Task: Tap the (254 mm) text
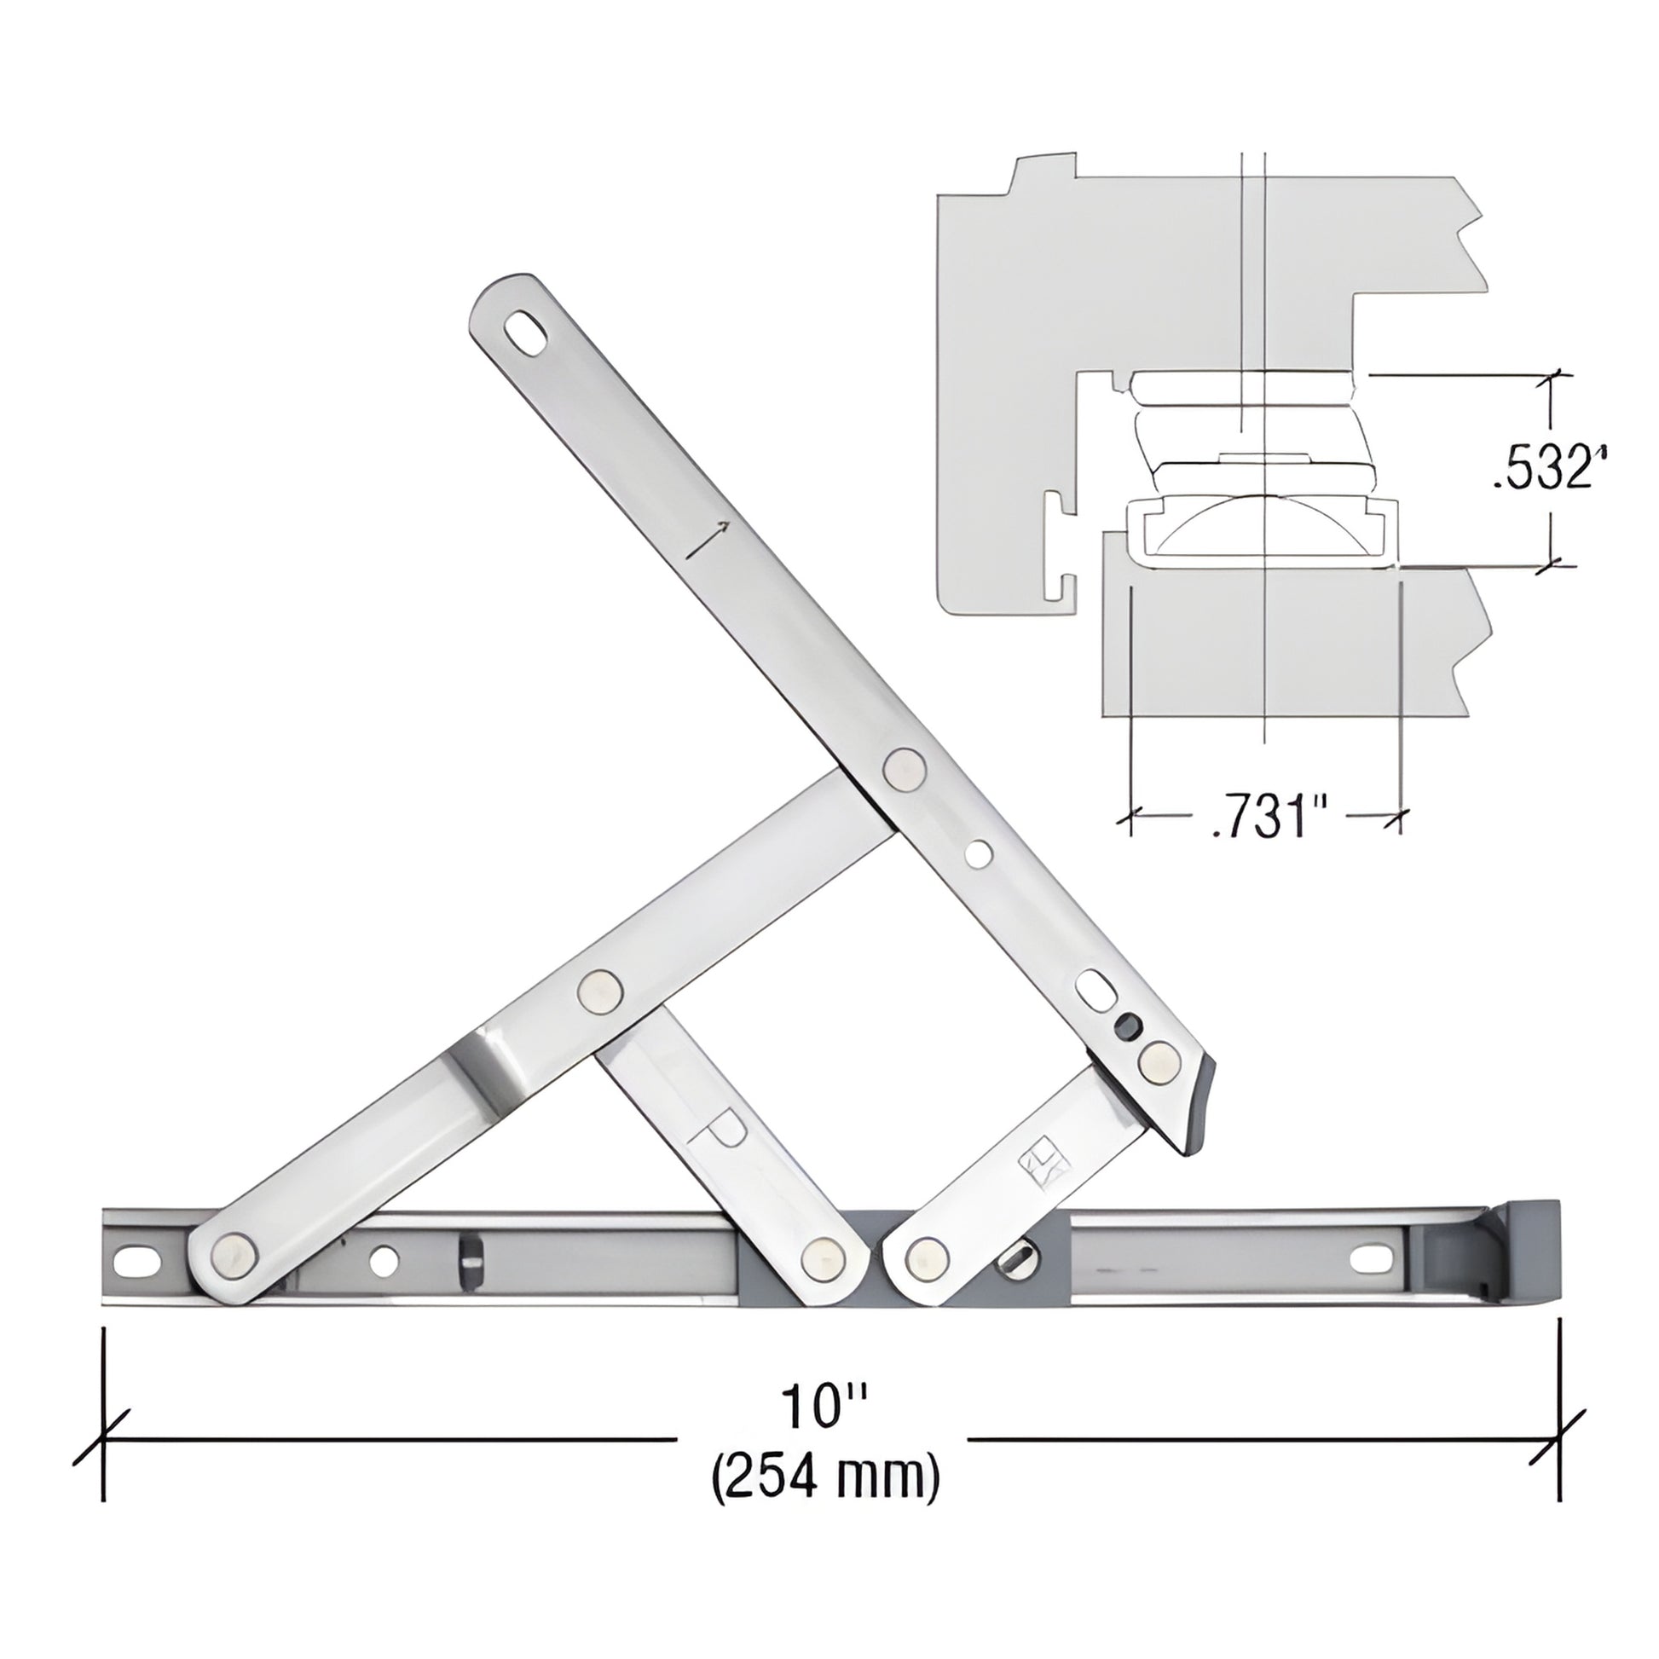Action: (825, 1479)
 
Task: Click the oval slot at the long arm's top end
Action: (525, 330)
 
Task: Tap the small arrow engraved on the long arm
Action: (709, 539)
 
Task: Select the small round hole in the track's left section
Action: (383, 1261)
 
